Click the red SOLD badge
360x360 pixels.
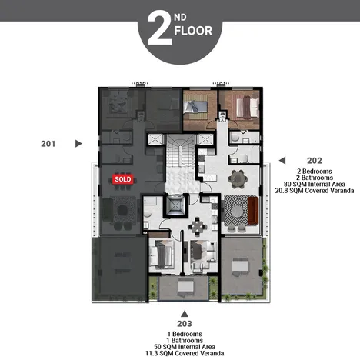coord(123,178)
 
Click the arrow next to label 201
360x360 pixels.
coord(78,143)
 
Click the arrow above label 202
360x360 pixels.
coord(282,159)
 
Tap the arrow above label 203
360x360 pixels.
coord(184,313)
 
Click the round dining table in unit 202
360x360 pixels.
coord(238,178)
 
